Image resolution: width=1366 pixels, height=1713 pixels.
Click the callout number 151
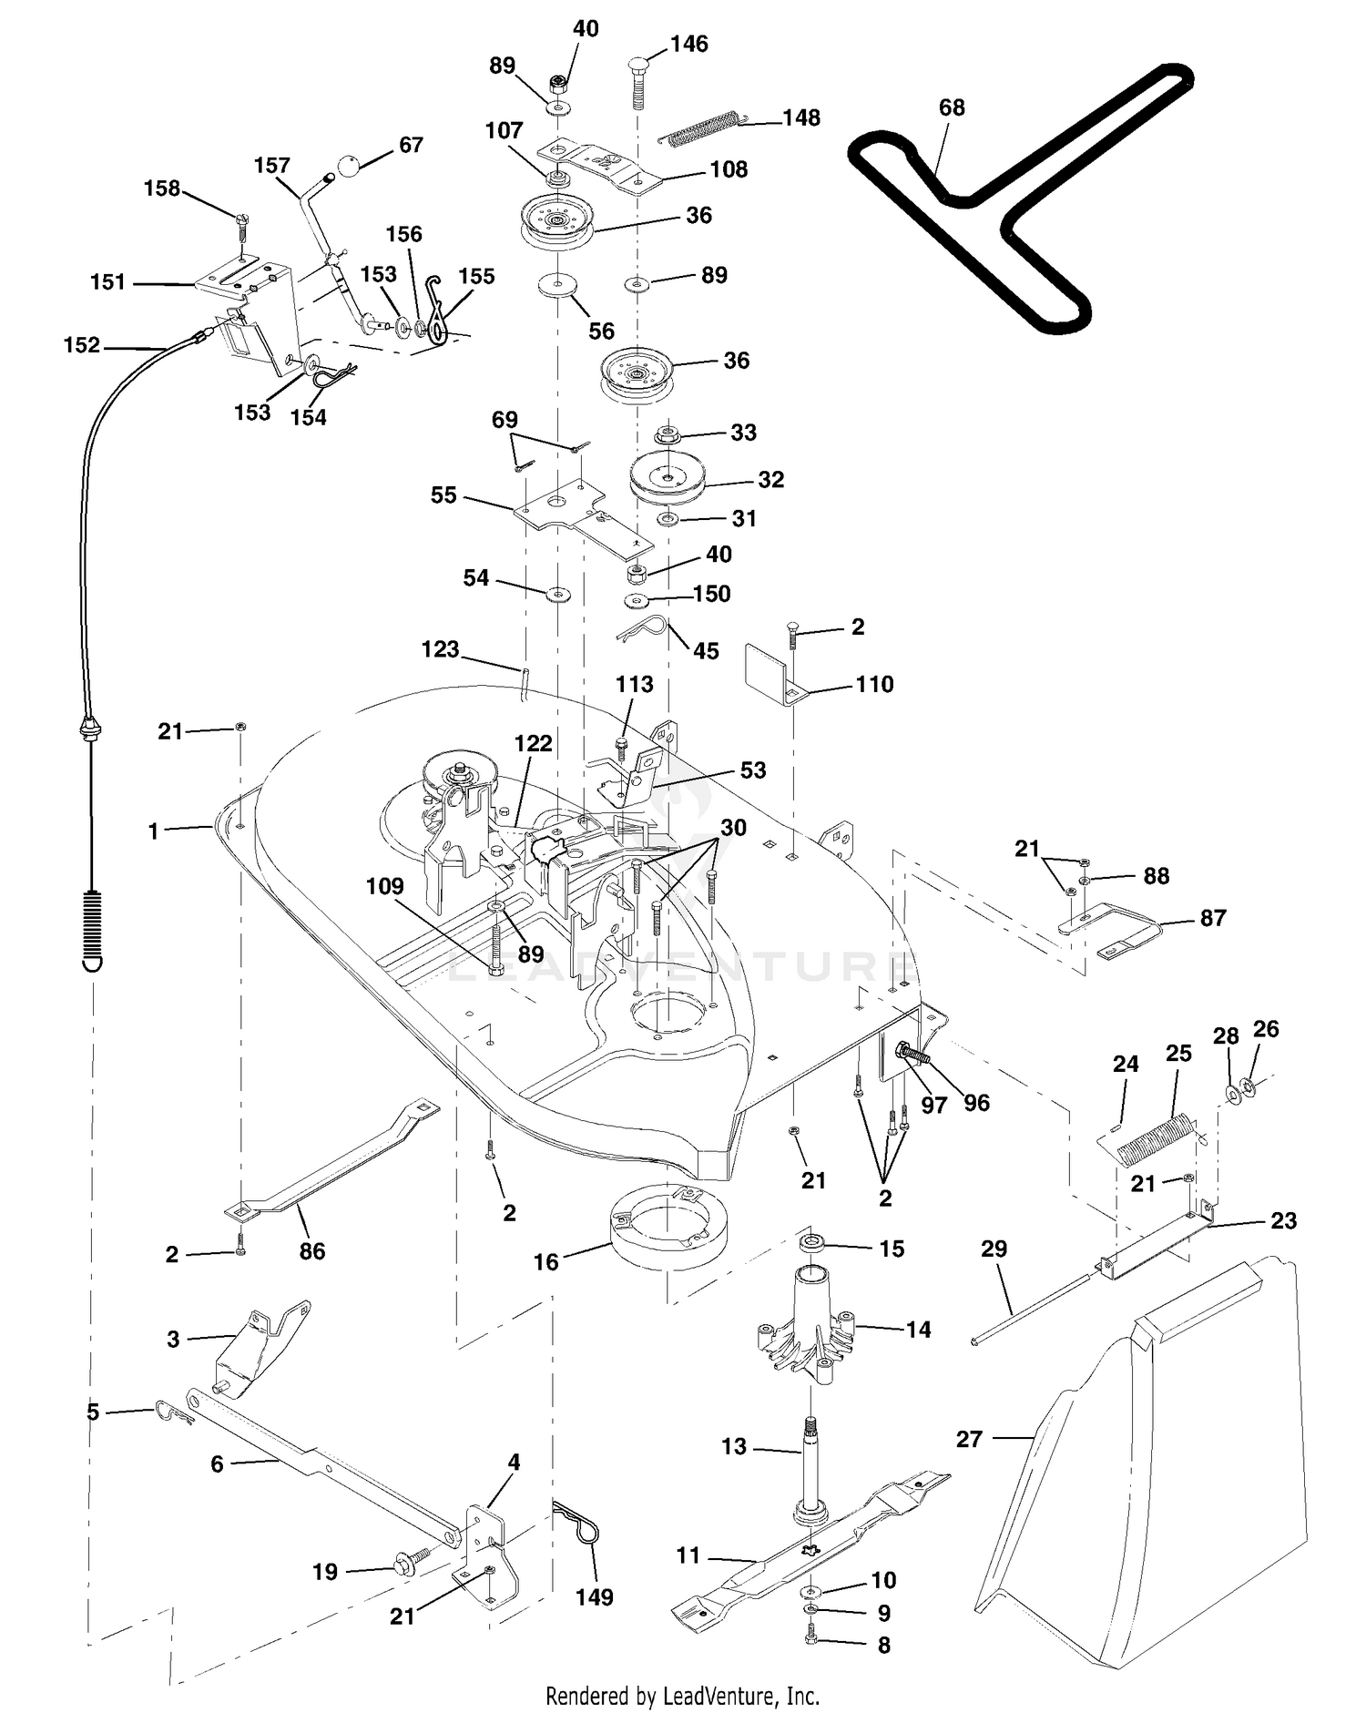(x=107, y=282)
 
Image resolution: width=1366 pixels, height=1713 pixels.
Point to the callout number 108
(x=729, y=169)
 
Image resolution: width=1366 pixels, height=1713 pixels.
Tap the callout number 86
(x=312, y=1251)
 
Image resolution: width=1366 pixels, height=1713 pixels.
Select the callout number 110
(x=875, y=684)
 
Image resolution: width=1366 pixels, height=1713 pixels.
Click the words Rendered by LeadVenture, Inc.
(x=682, y=1697)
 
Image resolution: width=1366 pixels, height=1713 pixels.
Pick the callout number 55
(x=443, y=495)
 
